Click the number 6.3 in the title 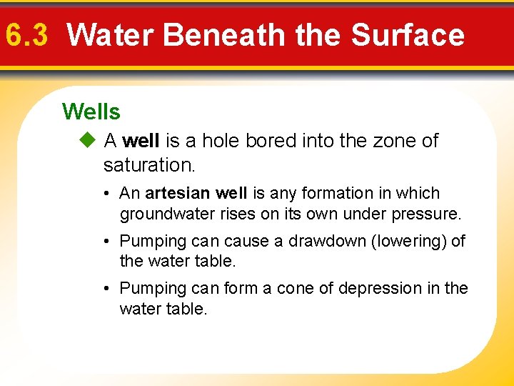(26, 35)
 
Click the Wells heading (91, 112)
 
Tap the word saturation (148, 165)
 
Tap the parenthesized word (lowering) (403, 241)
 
